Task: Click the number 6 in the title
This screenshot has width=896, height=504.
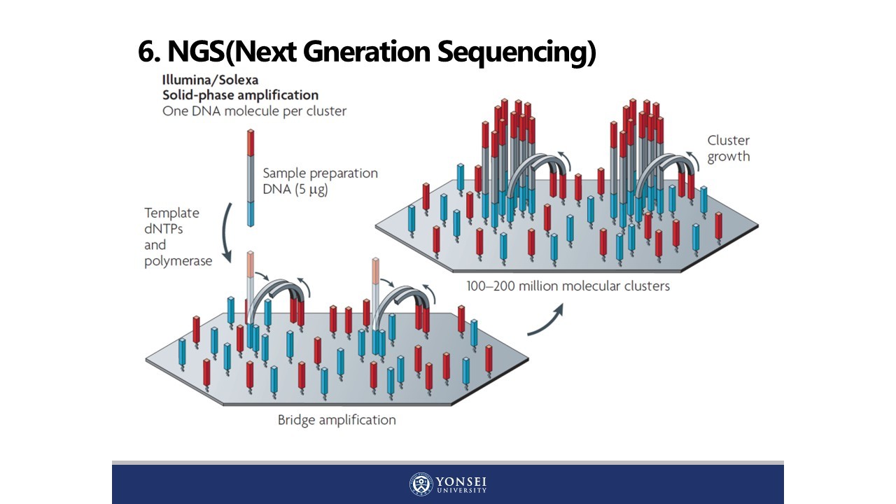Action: [x=146, y=52]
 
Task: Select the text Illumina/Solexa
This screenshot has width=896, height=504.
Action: [x=210, y=80]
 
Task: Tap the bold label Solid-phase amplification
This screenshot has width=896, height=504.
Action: [x=240, y=95]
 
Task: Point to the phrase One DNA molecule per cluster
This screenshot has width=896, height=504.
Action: [x=254, y=111]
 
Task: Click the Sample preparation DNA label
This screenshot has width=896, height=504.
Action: [x=320, y=181]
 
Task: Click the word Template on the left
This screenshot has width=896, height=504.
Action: [x=171, y=213]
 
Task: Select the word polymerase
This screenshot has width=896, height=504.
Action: [x=178, y=261]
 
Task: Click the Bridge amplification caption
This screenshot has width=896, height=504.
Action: [x=337, y=420]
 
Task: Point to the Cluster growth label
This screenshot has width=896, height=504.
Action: [x=728, y=148]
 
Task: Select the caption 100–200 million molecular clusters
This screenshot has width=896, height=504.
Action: [x=568, y=286]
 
